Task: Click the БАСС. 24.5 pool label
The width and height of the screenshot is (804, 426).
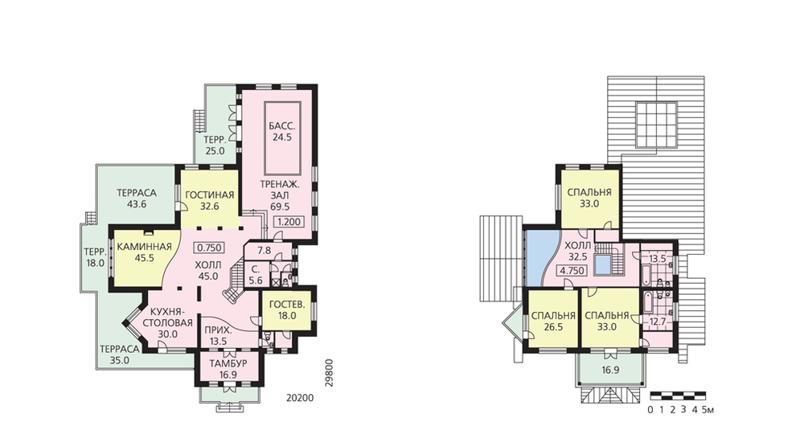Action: click(282, 131)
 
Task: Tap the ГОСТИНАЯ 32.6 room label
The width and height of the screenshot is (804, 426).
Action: click(209, 200)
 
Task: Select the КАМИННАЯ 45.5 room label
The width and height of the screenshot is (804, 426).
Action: click(144, 252)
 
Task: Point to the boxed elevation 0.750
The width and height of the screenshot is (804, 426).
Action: click(209, 248)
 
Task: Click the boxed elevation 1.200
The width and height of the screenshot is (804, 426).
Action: click(289, 222)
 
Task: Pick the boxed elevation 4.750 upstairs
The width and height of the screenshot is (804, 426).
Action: click(572, 271)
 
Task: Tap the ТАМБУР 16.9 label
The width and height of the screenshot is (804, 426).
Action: click(228, 369)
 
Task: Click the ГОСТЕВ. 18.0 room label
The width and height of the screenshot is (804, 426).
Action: click(287, 310)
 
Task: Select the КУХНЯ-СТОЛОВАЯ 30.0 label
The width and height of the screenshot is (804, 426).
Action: click(168, 322)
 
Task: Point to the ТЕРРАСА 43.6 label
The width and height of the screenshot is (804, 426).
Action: click(137, 199)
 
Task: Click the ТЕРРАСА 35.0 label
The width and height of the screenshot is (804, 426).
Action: click(120, 354)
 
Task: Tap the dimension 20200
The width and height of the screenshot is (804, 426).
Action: click(299, 398)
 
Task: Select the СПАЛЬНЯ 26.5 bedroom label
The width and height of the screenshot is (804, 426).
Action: click(553, 321)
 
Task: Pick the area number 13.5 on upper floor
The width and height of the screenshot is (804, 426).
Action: click(658, 259)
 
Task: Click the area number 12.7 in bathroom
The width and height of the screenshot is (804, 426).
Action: click(658, 322)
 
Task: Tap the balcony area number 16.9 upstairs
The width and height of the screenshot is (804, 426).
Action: click(609, 370)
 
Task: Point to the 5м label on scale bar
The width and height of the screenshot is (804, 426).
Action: click(708, 410)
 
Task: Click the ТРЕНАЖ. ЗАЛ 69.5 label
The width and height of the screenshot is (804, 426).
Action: click(280, 195)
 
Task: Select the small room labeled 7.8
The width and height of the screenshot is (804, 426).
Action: click(264, 251)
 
